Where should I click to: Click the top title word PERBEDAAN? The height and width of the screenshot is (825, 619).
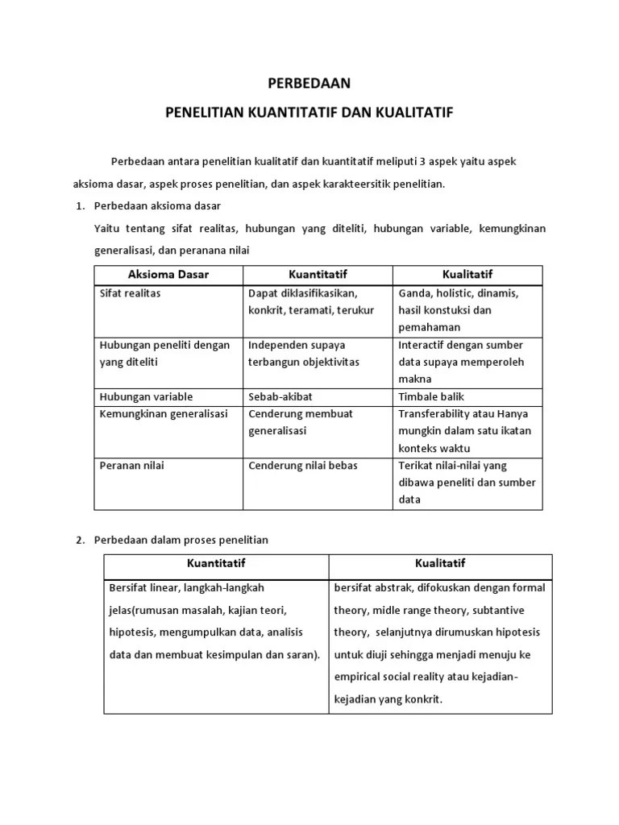point(309,83)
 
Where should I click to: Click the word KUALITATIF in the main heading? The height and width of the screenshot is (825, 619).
point(414,112)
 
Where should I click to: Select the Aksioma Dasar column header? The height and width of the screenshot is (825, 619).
point(168,275)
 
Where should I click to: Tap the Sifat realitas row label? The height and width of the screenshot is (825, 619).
point(130,293)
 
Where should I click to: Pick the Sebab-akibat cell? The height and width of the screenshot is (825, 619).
point(280,396)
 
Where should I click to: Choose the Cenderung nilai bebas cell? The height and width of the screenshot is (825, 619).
point(302,465)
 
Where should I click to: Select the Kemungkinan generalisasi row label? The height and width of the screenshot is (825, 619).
point(164,413)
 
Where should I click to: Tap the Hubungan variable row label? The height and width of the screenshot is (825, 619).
point(146,396)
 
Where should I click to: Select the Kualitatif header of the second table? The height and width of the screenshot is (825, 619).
point(440,563)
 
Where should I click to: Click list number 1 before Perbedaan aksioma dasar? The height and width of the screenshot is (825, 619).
point(80,206)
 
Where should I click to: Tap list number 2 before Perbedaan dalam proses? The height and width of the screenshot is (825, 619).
point(80,540)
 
